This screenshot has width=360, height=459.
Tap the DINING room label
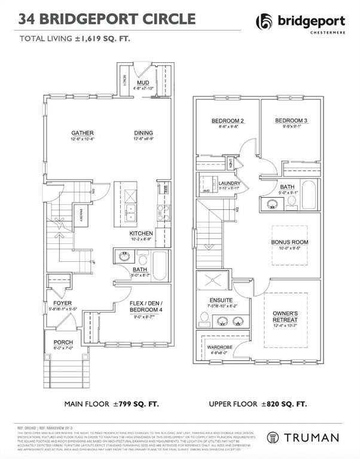point(144,133)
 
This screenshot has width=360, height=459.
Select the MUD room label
point(143,82)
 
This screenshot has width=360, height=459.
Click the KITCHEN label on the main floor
point(142,232)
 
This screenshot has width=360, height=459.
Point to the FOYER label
point(62,304)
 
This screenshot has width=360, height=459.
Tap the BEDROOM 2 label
point(224,121)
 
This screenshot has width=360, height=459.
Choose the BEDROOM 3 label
point(288,121)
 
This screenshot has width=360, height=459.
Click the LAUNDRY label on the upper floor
point(229,183)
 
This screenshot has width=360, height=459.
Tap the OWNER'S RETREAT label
point(285,316)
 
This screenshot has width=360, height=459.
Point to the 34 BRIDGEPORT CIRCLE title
point(107,19)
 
